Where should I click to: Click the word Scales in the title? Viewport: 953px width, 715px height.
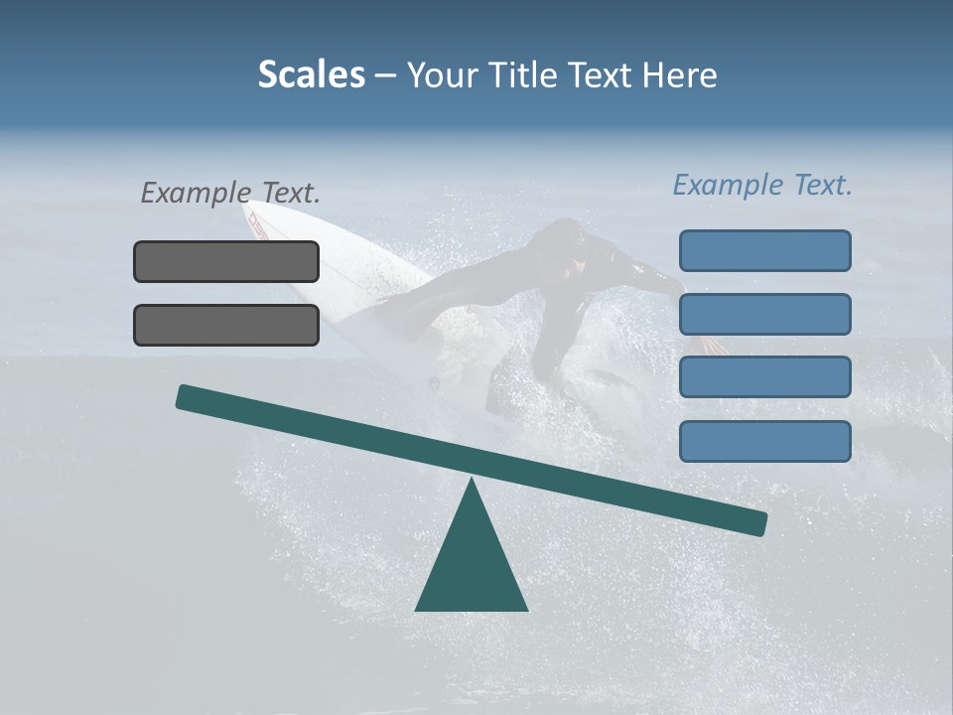(x=311, y=75)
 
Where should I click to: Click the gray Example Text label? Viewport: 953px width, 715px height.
(x=230, y=193)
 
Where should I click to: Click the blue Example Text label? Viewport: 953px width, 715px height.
(x=762, y=185)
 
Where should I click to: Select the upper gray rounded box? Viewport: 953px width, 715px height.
(x=226, y=261)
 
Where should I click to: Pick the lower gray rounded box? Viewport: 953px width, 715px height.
(x=226, y=325)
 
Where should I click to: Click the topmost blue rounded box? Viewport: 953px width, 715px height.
(x=764, y=250)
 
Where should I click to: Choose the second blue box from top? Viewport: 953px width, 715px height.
(x=764, y=314)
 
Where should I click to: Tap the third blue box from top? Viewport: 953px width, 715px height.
(x=764, y=377)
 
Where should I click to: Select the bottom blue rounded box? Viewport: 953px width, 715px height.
(x=764, y=441)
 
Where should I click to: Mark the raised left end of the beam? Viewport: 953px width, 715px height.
(x=185, y=396)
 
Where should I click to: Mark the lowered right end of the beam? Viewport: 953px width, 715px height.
(x=758, y=522)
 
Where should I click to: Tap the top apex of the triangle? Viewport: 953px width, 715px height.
(x=472, y=482)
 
